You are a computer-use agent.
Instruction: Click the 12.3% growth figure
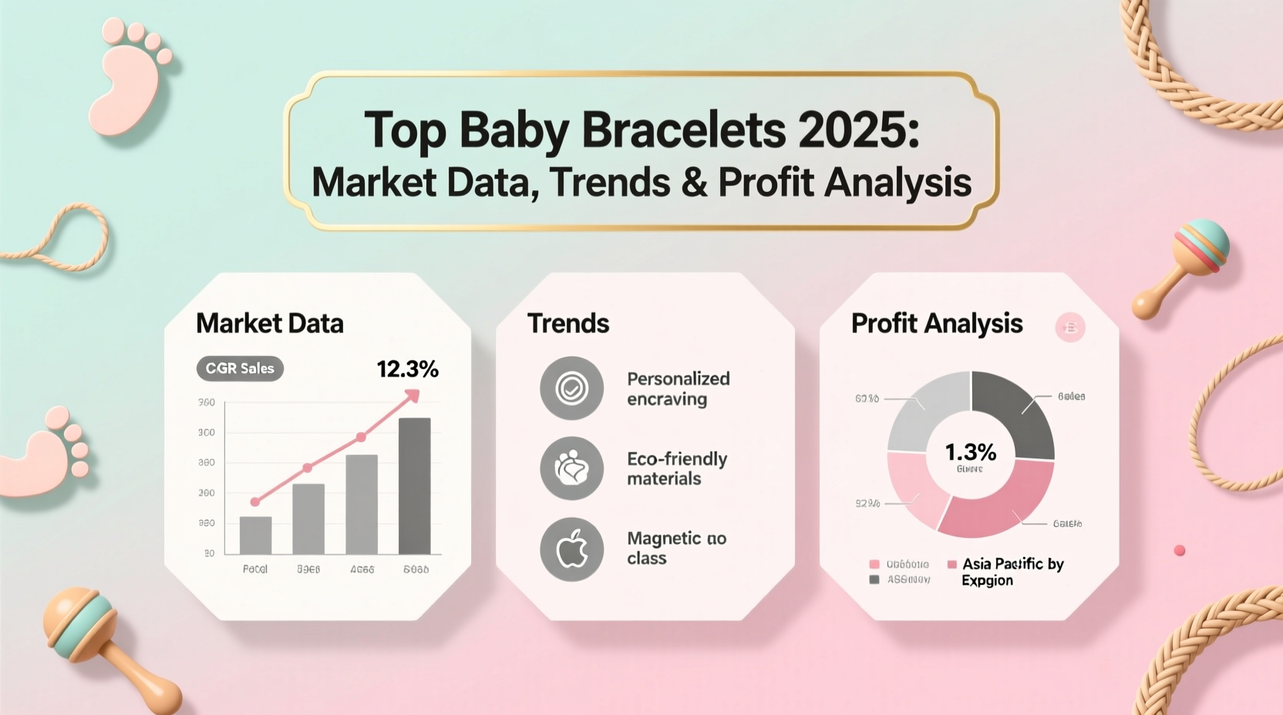[407, 369]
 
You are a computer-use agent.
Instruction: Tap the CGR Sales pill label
[240, 368]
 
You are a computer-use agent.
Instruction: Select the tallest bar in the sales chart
[415, 485]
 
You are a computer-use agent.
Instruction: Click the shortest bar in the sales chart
[255, 535]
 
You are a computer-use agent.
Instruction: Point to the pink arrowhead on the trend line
[413, 396]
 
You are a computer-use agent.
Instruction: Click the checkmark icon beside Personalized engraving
[571, 388]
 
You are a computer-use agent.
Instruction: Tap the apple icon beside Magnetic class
[571, 549]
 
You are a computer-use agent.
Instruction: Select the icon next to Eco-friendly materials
[571, 468]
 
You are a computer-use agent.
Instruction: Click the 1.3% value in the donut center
[970, 451]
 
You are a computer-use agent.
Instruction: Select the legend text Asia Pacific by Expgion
[1012, 572]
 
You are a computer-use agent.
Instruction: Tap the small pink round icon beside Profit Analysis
[1069, 327]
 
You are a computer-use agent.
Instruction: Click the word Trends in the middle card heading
[568, 324]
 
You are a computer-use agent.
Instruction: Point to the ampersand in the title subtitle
[694, 183]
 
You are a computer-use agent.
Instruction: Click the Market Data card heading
[270, 324]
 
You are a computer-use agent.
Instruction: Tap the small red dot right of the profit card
[1179, 550]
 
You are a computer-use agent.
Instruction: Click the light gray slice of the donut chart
[925, 413]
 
